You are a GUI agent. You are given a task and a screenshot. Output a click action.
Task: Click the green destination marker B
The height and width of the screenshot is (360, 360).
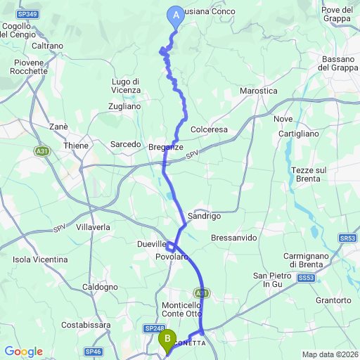(167, 340)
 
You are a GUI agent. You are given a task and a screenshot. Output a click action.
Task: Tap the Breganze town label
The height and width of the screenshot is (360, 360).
(166, 147)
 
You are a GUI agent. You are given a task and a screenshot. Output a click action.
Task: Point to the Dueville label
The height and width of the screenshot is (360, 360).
(150, 244)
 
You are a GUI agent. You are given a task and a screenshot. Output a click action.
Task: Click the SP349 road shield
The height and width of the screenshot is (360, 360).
(27, 13)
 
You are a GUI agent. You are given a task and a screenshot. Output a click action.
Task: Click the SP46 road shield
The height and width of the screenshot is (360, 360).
(93, 351)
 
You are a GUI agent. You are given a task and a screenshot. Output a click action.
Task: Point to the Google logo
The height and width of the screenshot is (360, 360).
(23, 352)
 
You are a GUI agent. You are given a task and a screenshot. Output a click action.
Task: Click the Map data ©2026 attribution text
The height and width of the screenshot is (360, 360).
(330, 354)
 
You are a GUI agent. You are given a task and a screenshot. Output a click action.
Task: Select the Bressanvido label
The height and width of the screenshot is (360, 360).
(234, 238)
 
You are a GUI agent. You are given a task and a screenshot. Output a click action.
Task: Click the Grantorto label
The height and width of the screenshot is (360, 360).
(333, 300)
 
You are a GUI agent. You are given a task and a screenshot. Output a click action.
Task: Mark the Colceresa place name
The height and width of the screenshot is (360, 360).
(210, 129)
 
